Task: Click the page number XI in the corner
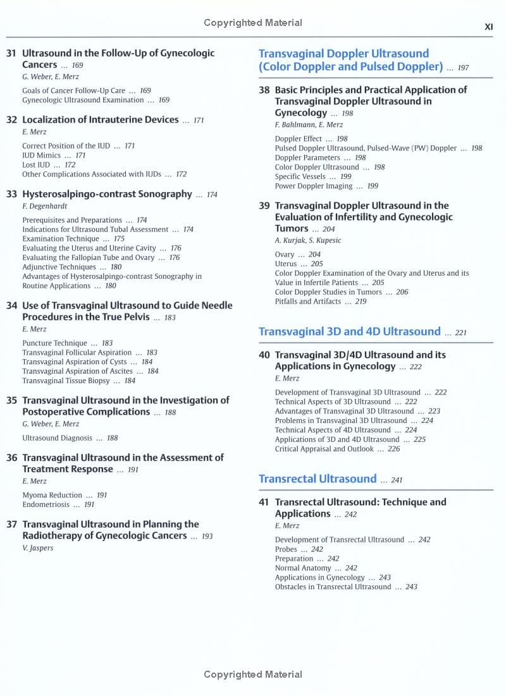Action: point(488,27)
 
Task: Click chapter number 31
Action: point(11,54)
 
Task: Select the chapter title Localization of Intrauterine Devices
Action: point(101,119)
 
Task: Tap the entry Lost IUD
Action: point(36,164)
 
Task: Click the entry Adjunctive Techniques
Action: point(59,267)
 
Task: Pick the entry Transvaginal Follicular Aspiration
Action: point(77,352)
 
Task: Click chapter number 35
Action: point(11,400)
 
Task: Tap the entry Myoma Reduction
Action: point(52,495)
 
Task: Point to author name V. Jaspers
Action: point(38,547)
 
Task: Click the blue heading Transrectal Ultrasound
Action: point(318,479)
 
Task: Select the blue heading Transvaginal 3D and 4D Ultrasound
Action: point(349,331)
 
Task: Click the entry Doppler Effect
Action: point(298,138)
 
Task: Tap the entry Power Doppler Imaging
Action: point(313,186)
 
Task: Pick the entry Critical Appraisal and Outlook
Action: point(324,449)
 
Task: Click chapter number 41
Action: point(264,502)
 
